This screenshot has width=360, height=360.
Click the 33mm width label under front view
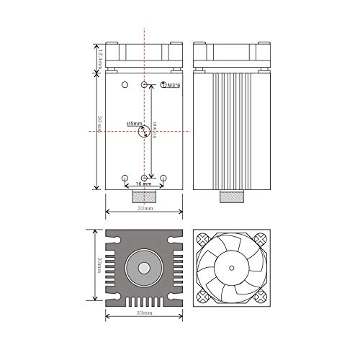click(x=144, y=209)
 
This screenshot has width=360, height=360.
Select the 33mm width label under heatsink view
click(x=144, y=314)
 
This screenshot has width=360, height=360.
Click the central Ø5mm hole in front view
click(x=144, y=132)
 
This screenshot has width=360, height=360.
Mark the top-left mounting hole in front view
click(x=125, y=86)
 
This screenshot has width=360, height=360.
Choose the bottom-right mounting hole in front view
click(x=163, y=177)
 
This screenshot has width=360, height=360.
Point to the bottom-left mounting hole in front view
click(x=125, y=177)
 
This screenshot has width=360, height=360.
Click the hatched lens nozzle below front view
click(x=144, y=195)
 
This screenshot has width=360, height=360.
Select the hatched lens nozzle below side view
click(x=230, y=195)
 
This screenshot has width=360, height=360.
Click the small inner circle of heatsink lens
click(x=144, y=267)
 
